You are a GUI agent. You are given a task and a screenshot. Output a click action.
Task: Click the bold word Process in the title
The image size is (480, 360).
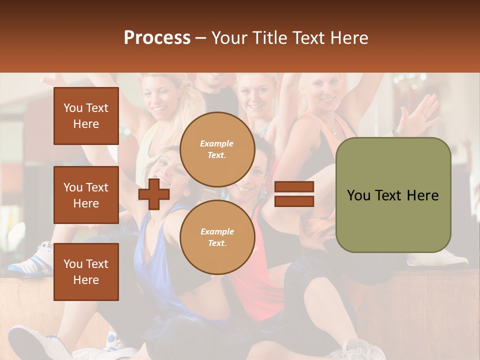pos(157,38)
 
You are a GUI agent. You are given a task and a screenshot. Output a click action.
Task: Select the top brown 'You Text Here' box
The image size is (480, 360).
pos(86,116)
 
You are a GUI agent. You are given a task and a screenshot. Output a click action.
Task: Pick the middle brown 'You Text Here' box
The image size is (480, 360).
pos(86,195)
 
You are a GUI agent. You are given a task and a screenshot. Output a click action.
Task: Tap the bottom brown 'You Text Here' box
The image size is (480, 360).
pos(86,271)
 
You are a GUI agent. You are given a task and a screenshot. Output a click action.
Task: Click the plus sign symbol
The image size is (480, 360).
pos(154,194)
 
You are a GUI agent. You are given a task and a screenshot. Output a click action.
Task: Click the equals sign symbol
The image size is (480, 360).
pos(294,194)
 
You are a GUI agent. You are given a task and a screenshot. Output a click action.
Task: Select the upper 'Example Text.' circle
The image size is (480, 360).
pos(217,149)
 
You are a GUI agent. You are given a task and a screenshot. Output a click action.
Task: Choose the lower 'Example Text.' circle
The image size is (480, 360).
pos(217,237)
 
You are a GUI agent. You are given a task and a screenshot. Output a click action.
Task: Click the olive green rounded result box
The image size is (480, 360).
pos(393,195)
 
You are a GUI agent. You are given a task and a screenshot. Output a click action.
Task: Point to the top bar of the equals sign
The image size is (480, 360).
pos(294,187)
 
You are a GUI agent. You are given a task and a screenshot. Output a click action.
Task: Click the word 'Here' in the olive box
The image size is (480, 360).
pos(423,195)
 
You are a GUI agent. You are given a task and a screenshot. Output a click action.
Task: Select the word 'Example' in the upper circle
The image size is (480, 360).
pos(217,143)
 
